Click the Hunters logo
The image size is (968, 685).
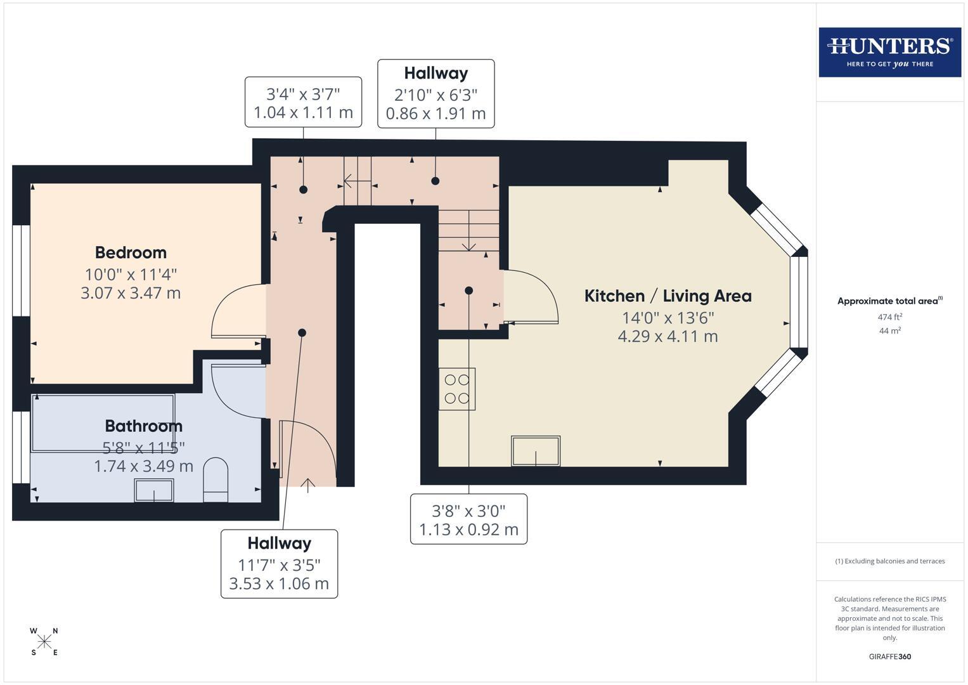(890, 52)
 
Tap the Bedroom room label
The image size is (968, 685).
(131, 252)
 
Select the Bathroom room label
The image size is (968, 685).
(143, 426)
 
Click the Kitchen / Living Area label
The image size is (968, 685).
(668, 296)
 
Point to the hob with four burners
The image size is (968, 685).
(457, 389)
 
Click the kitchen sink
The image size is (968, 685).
(536, 451)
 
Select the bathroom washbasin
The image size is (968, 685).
(154, 490)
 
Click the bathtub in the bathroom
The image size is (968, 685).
(103, 424)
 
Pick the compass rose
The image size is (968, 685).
(44, 642)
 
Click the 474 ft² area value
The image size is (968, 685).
(890, 316)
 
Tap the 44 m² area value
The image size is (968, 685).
(890, 330)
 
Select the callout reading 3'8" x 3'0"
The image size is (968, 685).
(468, 519)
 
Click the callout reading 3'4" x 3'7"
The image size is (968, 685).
(304, 103)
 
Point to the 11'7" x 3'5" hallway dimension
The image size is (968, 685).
(279, 574)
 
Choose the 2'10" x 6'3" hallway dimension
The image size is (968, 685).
(436, 104)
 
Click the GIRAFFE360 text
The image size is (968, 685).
(890, 656)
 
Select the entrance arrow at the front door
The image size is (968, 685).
(307, 486)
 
